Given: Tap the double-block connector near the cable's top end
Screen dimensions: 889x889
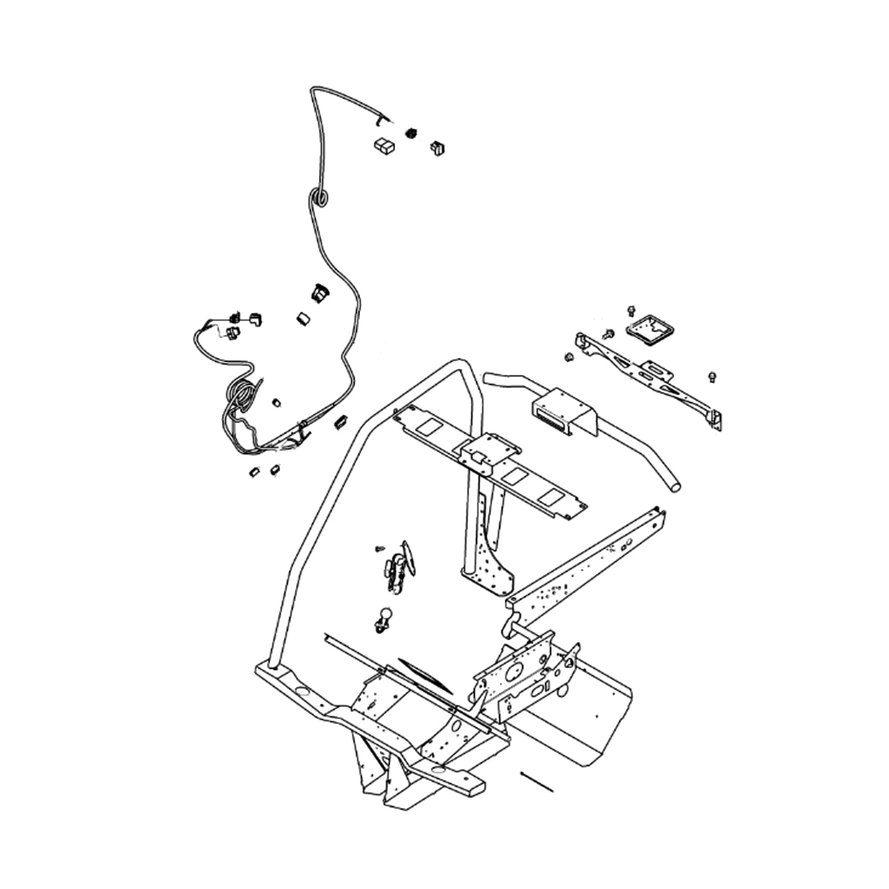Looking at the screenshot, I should pyautogui.click(x=384, y=145).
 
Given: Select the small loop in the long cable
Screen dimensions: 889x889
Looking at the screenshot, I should pyautogui.click(x=318, y=197).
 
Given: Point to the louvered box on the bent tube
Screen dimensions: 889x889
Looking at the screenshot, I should pyautogui.click(x=561, y=411).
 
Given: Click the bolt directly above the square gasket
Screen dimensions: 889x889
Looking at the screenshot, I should pyautogui.click(x=631, y=311).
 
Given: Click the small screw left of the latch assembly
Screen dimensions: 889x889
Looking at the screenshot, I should pyautogui.click(x=380, y=549).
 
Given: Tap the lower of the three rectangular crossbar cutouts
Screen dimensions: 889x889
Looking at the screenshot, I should pyautogui.click(x=551, y=498).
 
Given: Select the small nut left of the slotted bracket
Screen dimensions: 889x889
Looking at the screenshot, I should pyautogui.click(x=569, y=357).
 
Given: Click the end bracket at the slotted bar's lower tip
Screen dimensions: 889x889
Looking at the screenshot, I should pyautogui.click(x=716, y=419).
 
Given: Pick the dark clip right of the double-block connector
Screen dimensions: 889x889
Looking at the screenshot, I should pyautogui.click(x=436, y=148).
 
